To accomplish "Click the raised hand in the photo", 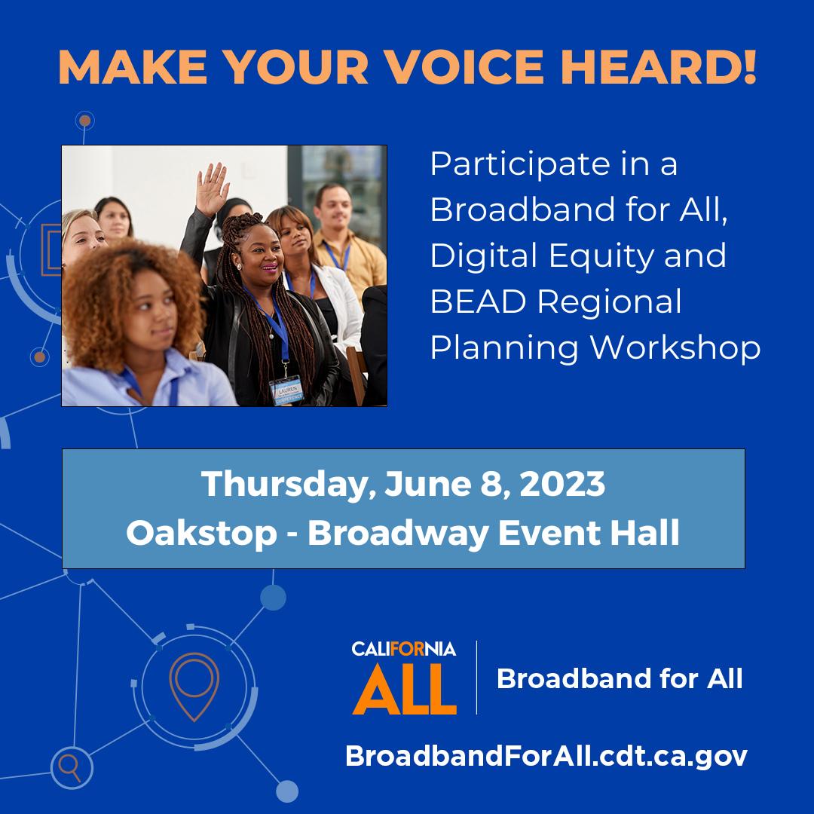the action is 211,188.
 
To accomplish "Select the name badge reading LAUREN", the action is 286,391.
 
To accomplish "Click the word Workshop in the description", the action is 675,347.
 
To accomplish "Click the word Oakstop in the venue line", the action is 201,533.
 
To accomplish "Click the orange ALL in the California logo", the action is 405,690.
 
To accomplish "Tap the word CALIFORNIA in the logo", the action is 404,649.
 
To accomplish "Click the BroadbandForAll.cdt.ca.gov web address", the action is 546,756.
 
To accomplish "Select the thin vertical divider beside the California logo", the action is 476,678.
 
